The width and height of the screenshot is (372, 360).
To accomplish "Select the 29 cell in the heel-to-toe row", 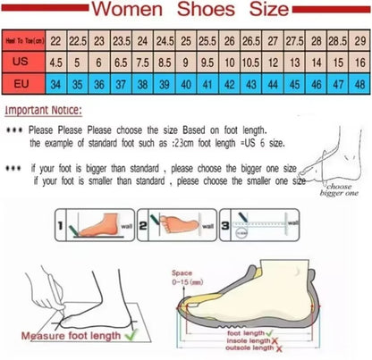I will click(359, 41).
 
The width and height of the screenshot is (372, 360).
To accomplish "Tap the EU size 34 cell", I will click(55, 85).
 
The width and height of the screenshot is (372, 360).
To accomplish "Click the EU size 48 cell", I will click(359, 85).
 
